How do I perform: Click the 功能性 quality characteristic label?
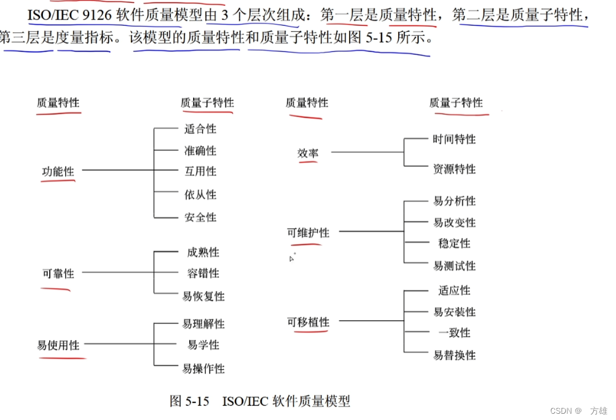click(58, 171)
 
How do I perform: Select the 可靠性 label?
click(58, 274)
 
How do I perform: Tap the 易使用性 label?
click(58, 345)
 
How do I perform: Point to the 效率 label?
click(308, 153)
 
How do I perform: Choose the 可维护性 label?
click(308, 233)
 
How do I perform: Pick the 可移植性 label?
click(308, 322)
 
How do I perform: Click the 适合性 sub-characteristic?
click(201, 130)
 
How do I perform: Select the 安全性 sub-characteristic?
click(201, 217)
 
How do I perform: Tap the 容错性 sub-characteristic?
click(203, 274)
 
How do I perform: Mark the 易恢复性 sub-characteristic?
click(203, 297)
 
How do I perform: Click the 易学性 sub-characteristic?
click(203, 345)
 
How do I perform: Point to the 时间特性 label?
click(454, 139)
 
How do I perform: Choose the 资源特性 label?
click(454, 169)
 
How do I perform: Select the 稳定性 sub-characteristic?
click(454, 244)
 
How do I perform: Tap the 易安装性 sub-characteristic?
click(454, 312)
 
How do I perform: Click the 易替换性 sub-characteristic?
click(454, 356)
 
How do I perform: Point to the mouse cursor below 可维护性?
click(291, 259)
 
